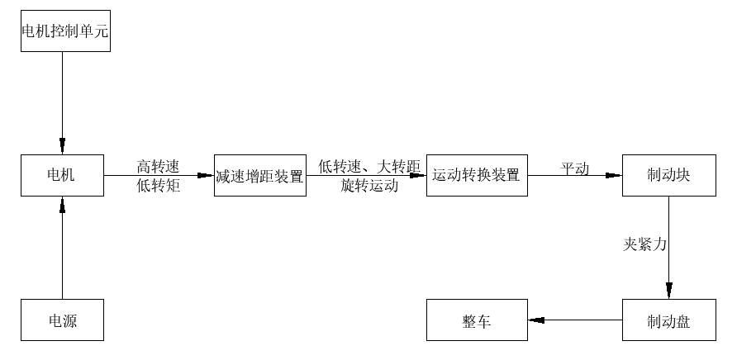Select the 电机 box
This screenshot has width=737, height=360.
(x=62, y=175)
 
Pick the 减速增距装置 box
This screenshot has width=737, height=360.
(x=260, y=175)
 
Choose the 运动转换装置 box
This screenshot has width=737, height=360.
(x=477, y=175)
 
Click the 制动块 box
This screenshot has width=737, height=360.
(x=668, y=175)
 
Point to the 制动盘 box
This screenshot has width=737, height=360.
(x=668, y=320)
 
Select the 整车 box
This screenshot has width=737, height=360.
(x=477, y=320)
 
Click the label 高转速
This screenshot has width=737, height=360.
(x=158, y=166)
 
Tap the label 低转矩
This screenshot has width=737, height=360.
(x=158, y=186)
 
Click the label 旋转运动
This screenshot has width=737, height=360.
(x=368, y=186)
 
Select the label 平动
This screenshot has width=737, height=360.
(x=575, y=168)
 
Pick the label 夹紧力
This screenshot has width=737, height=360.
(x=644, y=244)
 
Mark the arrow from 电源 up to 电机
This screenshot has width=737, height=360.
(x=62, y=248)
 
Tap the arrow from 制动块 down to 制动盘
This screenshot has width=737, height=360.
(x=668, y=248)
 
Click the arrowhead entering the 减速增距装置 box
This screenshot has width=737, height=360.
(x=207, y=175)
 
